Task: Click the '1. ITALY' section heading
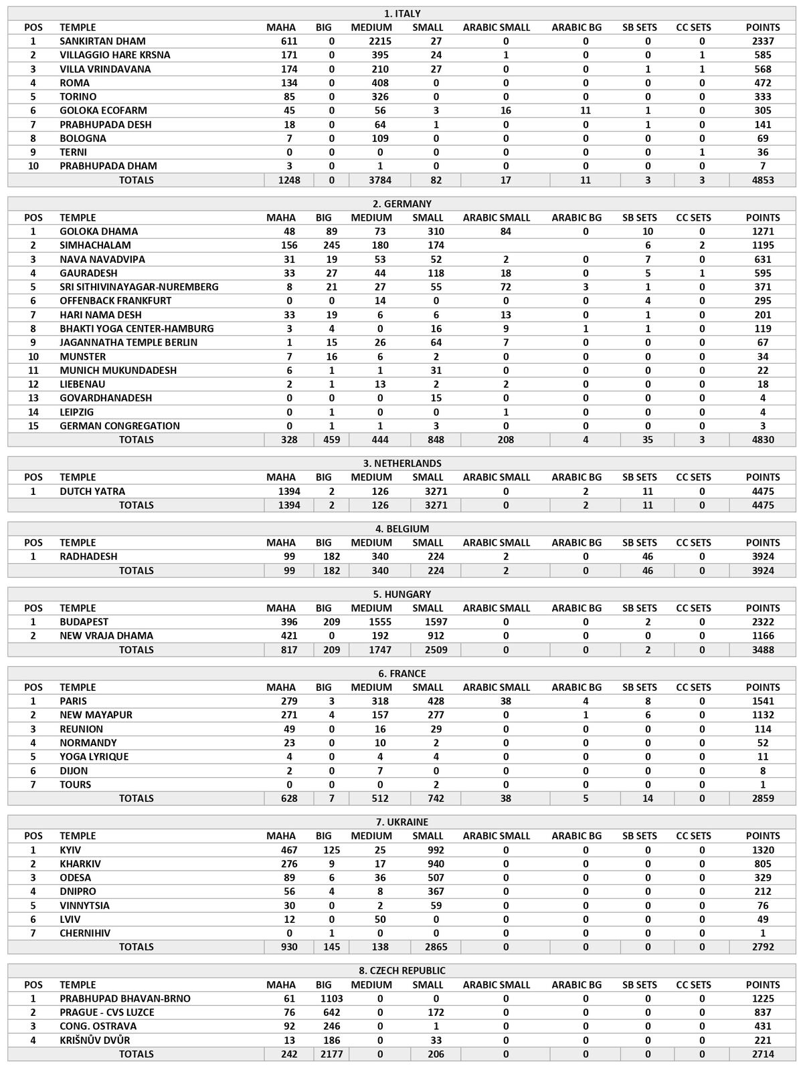tap(402, 13)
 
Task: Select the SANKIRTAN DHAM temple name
tap(102, 41)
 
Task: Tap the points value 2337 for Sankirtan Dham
tap(763, 41)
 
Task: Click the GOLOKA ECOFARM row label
tap(103, 110)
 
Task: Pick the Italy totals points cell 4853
tap(763, 180)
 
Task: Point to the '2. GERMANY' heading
tap(402, 204)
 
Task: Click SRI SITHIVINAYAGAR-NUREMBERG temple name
tap(139, 287)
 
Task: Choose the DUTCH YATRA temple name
tap(92, 492)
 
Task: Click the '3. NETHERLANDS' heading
tap(402, 463)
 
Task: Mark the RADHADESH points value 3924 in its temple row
tap(763, 556)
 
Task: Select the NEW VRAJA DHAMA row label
tap(106, 636)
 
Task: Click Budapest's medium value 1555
tap(371, 622)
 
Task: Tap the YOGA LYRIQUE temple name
tap(94, 757)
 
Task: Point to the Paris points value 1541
tap(763, 702)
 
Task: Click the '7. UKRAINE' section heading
tap(402, 822)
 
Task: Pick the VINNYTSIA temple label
tap(84, 905)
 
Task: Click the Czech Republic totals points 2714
tap(763, 1054)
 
